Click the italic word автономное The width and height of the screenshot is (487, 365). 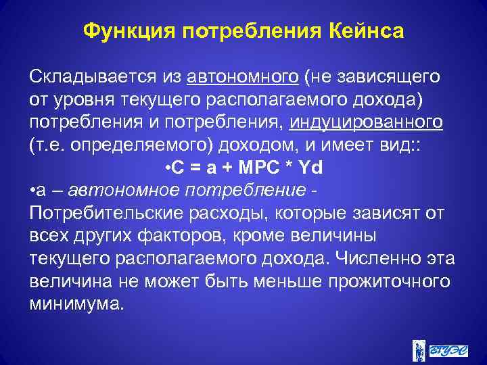pyautogui.click(x=112, y=191)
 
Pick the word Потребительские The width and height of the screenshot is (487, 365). pyautogui.click(x=105, y=214)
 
